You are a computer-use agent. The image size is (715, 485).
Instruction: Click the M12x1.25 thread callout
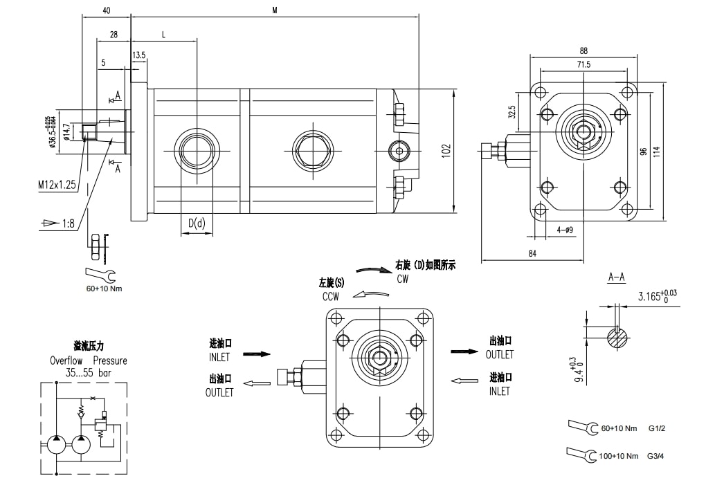57,185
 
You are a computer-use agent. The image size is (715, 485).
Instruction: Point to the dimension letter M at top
275,10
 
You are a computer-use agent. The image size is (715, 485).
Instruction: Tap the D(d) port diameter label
197,223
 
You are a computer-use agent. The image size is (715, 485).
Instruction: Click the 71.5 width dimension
583,64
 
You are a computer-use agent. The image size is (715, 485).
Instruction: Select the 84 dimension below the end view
533,254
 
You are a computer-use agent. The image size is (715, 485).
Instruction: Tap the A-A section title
616,277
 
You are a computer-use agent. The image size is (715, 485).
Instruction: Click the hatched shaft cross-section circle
617,339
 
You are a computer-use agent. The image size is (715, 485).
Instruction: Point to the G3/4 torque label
656,457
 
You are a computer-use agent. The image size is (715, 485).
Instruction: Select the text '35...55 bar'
88,372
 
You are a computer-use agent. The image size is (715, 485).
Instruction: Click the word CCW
330,296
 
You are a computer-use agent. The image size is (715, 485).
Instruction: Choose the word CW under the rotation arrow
403,279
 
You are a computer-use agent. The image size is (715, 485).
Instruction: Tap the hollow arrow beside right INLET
464,379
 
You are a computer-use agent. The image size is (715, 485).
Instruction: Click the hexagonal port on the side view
312,149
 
